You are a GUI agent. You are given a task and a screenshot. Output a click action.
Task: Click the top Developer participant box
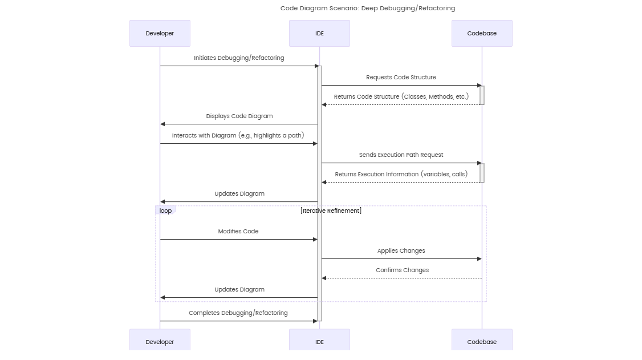pyautogui.click(x=160, y=33)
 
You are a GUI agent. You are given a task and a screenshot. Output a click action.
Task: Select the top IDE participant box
pyautogui.click(x=319, y=33)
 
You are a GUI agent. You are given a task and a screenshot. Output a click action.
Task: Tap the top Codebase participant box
pyautogui.click(x=482, y=33)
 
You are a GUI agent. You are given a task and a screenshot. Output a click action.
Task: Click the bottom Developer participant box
pyautogui.click(x=160, y=341)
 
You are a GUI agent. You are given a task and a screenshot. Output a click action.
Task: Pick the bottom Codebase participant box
pyautogui.click(x=482, y=341)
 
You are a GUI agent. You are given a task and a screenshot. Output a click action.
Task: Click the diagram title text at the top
pyautogui.click(x=367, y=8)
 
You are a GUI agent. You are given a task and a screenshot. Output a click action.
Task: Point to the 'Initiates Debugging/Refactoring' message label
pyautogui.click(x=239, y=58)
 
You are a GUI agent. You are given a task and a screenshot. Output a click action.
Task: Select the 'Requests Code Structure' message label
pyautogui.click(x=401, y=77)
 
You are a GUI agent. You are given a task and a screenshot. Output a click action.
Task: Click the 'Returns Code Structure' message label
pyautogui.click(x=401, y=96)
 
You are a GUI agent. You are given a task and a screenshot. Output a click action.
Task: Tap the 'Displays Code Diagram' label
pyautogui.click(x=239, y=116)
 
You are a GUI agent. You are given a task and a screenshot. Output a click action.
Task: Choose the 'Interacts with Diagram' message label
pyautogui.click(x=238, y=135)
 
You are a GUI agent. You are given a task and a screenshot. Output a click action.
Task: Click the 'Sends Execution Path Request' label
pyautogui.click(x=401, y=155)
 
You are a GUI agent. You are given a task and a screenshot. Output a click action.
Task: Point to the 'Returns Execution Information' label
pyautogui.click(x=401, y=174)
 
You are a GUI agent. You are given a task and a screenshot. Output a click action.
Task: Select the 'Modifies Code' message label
pyautogui.click(x=238, y=231)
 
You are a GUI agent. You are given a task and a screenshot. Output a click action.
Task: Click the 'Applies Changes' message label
pyautogui.click(x=401, y=250)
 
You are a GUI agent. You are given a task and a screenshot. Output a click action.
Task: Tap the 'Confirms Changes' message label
pyautogui.click(x=402, y=270)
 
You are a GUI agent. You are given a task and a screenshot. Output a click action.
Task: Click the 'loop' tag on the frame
pyautogui.click(x=165, y=211)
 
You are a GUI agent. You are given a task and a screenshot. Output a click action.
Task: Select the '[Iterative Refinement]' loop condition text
pyautogui.click(x=331, y=211)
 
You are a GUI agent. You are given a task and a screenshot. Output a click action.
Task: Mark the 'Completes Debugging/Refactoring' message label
pyautogui.click(x=238, y=313)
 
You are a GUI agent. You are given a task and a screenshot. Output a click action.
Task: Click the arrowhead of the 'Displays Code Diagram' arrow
pyautogui.click(x=163, y=124)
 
